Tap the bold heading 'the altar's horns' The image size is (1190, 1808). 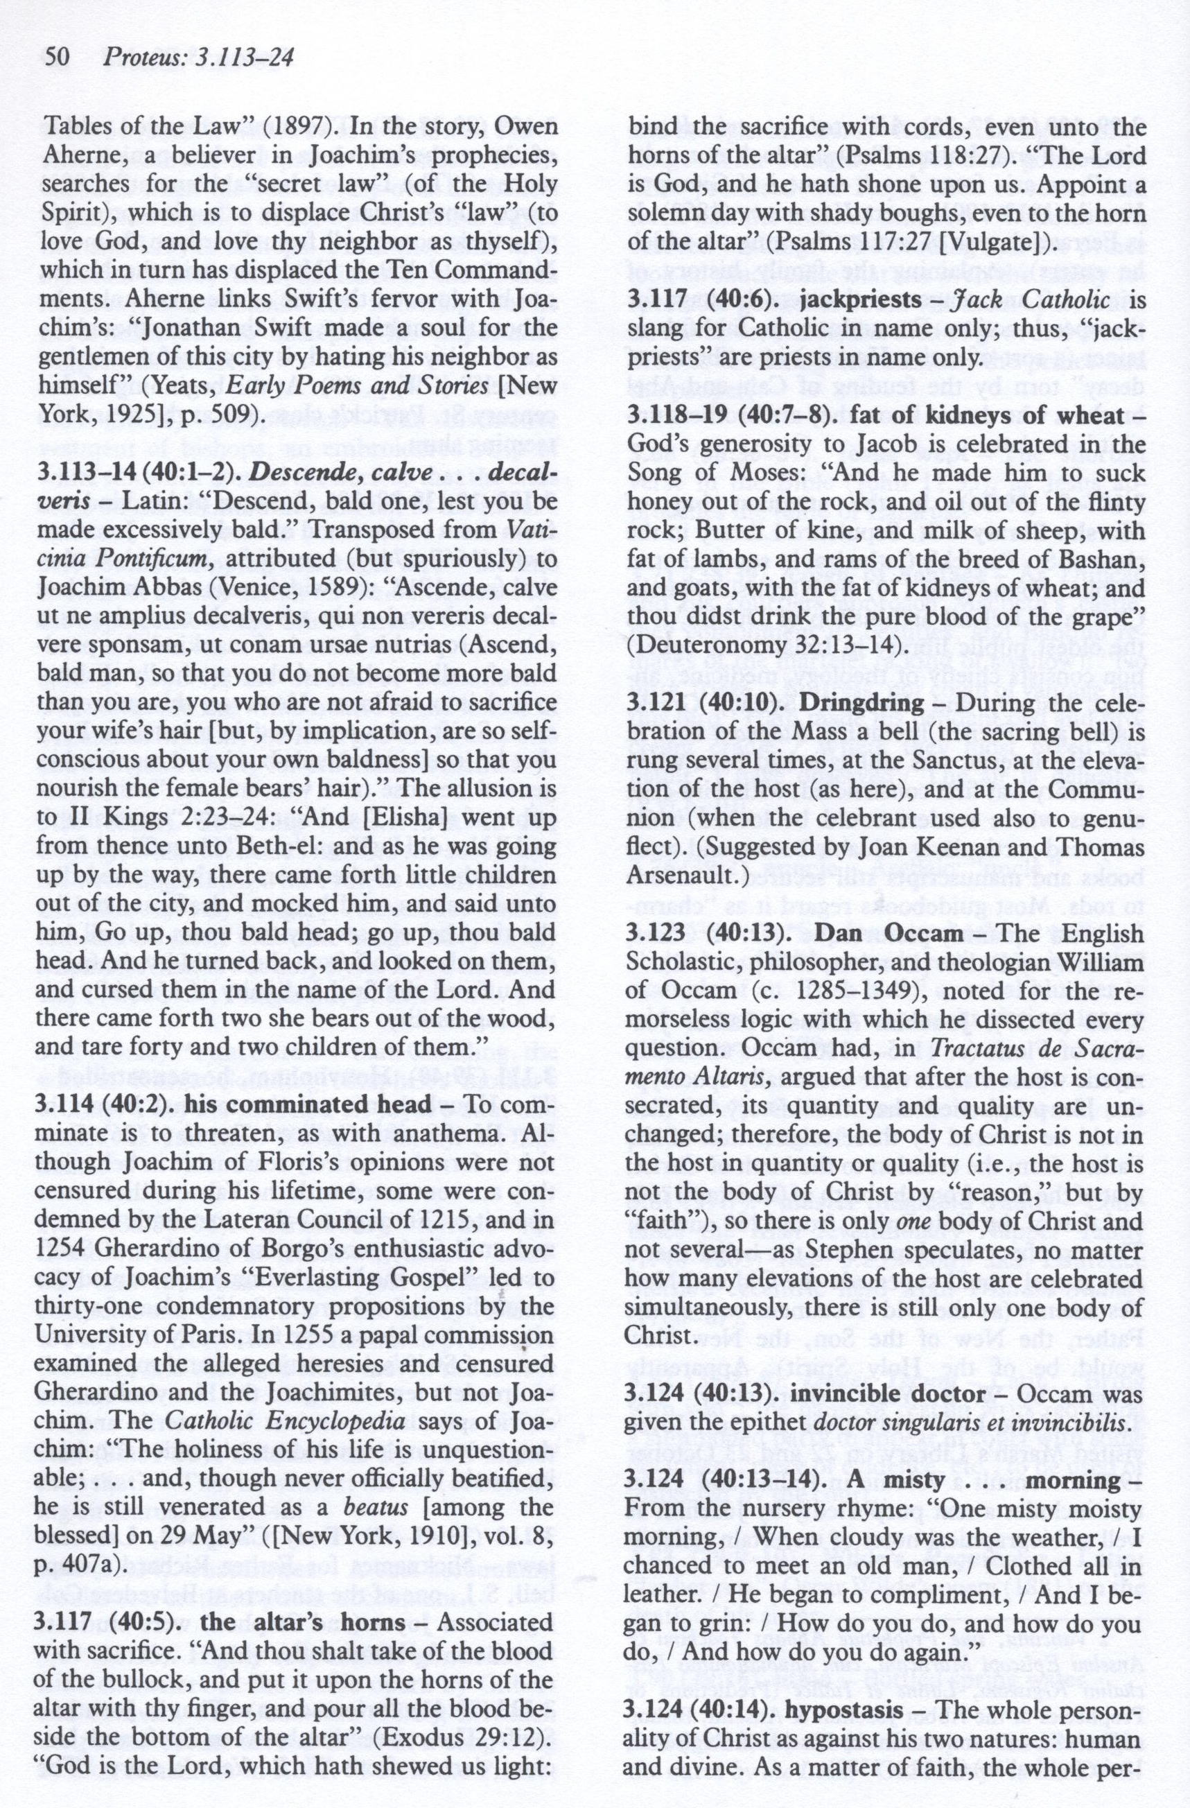tap(302, 1599)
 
